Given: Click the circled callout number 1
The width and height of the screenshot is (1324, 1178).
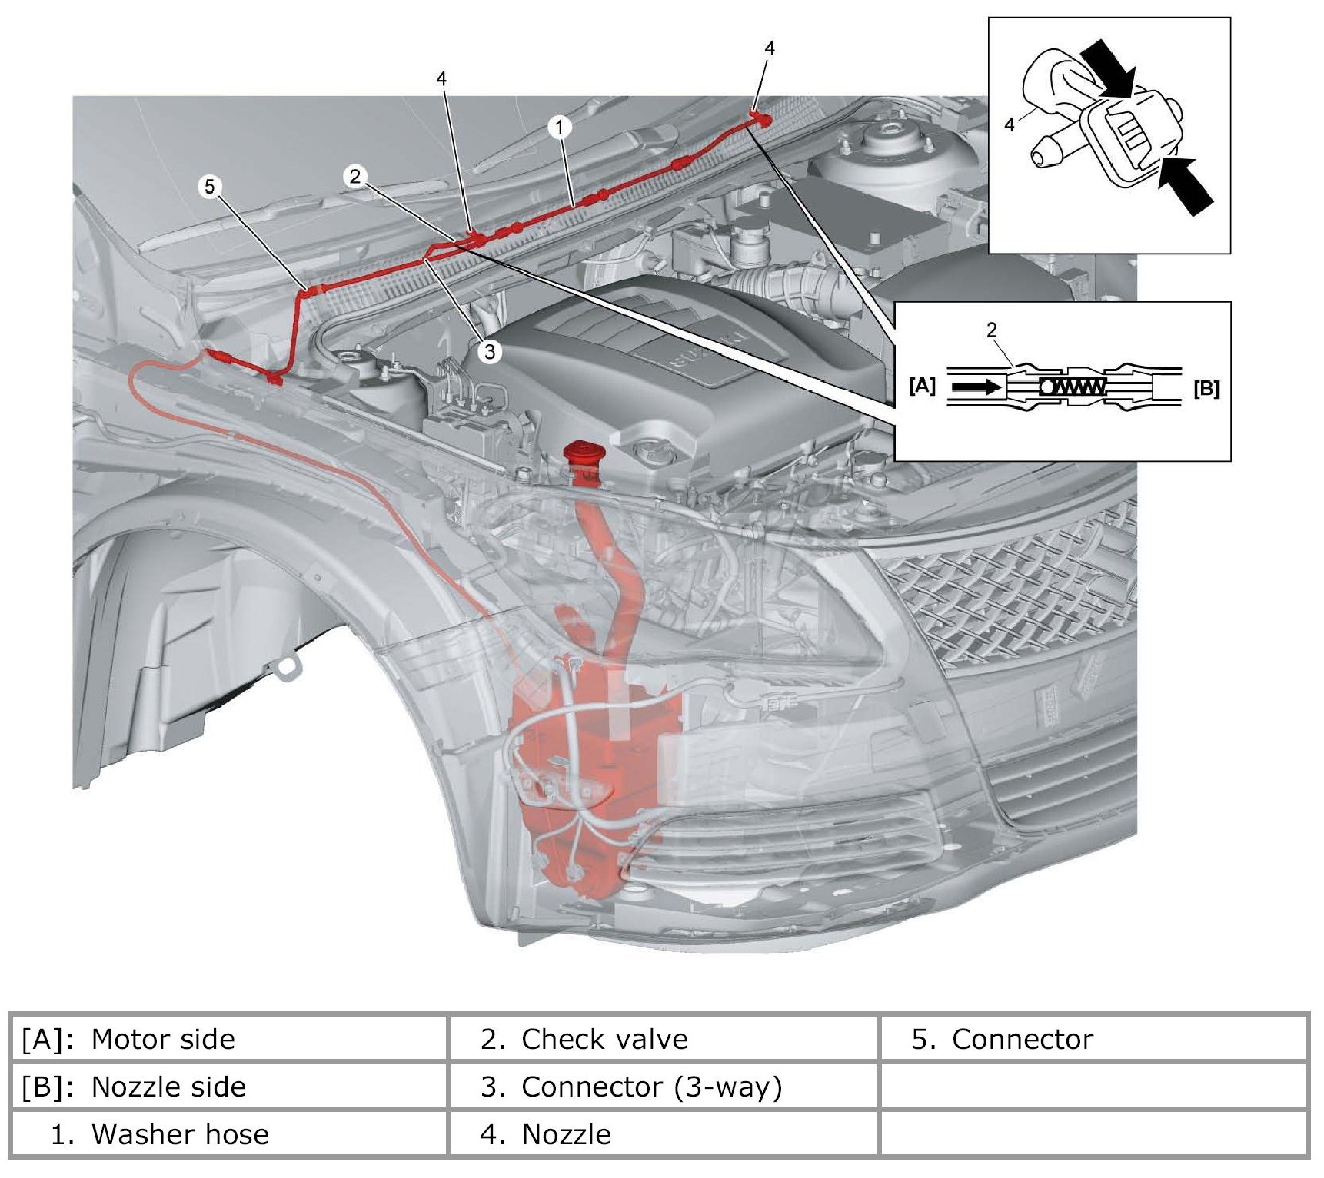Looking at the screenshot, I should pos(560,128).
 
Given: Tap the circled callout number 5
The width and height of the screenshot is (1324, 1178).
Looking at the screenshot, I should pos(210,187).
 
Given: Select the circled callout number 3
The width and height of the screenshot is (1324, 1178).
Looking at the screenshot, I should pos(489,352).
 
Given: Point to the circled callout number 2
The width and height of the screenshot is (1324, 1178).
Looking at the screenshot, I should pos(354,177).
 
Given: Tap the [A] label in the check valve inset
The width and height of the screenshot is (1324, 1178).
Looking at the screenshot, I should pos(922,386).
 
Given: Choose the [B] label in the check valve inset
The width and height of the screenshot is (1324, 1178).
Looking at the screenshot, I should pos(1206,389).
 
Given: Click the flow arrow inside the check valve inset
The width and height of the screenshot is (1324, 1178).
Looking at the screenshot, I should pos(976,387).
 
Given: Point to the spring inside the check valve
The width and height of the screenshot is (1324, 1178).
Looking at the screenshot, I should pos(1073,387).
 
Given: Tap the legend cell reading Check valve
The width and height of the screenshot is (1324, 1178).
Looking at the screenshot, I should pos(604,1039).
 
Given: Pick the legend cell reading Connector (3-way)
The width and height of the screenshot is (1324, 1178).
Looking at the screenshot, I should pos(650,1087).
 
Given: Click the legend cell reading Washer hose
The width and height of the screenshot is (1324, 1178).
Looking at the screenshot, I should pos(179,1134).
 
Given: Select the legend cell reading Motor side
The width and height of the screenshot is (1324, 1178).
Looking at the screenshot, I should pos(162,1039).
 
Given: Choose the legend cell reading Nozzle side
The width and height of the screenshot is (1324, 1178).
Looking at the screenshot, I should pos(168,1087).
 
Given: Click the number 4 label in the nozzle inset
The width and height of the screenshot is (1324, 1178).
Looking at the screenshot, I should pos(1010,124).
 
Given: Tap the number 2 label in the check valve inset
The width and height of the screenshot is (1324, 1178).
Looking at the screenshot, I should pos(991,330).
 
